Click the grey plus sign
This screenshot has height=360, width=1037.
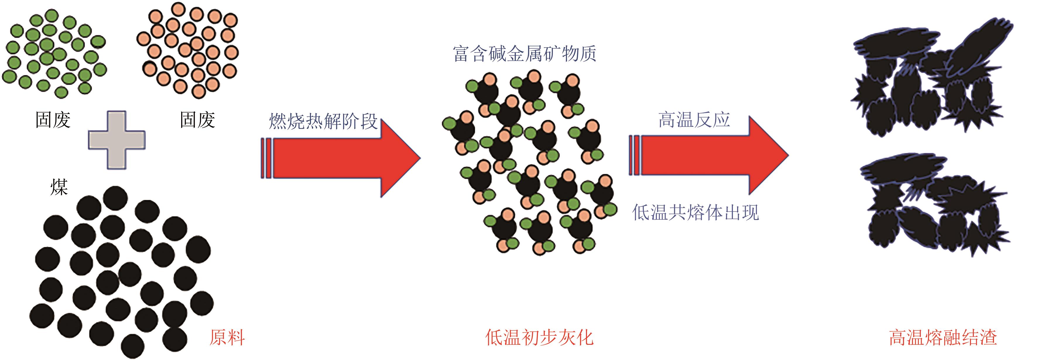pyautogui.click(x=117, y=140)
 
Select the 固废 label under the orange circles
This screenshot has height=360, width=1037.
pyautogui.click(x=197, y=120)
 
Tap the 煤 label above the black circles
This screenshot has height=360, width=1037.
pyautogui.click(x=59, y=187)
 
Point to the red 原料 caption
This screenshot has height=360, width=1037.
pyautogui.click(x=227, y=337)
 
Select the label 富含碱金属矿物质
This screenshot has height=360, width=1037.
pyautogui.click(x=524, y=54)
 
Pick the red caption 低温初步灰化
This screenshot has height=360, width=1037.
pyautogui.click(x=539, y=337)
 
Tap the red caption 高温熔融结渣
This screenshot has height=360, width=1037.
pyautogui.click(x=943, y=337)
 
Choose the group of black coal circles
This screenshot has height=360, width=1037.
pyautogui.click(x=121, y=270)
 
